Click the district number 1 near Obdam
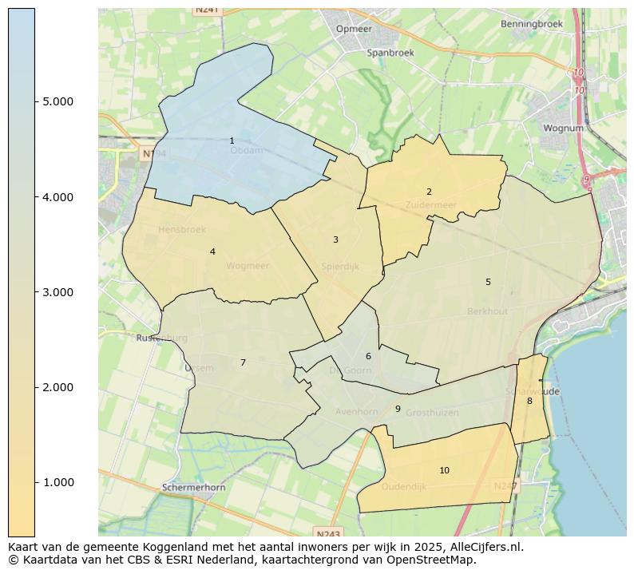click(232, 141)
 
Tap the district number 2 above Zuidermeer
click(429, 192)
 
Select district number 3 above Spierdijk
click(335, 239)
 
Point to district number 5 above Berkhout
click(488, 282)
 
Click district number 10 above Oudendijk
click(444, 470)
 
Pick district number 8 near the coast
click(529, 401)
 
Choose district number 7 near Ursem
click(243, 362)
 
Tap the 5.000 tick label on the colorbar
click(58, 101)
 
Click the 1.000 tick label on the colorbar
click(58, 482)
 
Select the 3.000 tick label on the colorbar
click(58, 292)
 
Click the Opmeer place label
click(355, 29)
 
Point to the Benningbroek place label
click(532, 24)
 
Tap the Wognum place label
click(563, 128)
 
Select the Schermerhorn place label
click(193, 487)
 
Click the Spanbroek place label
click(390, 53)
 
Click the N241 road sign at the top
click(207, 10)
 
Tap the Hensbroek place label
click(181, 230)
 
